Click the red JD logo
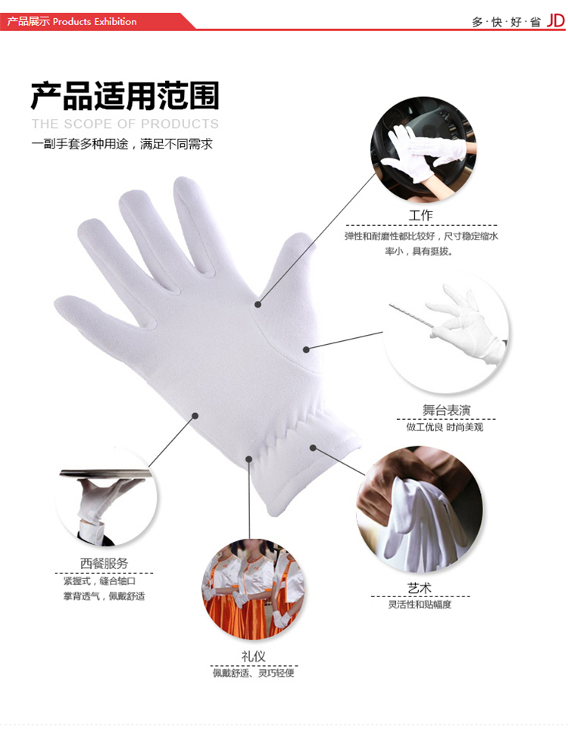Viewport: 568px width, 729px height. point(555,20)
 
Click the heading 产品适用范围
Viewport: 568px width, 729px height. point(125,95)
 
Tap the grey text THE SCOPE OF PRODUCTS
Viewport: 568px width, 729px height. point(125,124)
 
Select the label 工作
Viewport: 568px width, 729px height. point(420,215)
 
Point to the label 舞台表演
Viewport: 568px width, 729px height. point(446,410)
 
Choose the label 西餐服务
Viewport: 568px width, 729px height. point(104,564)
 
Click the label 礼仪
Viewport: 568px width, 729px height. point(253,656)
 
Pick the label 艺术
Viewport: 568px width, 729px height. point(420,588)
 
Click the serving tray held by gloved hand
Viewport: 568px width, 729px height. point(105,474)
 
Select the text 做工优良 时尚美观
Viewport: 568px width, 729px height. point(445,427)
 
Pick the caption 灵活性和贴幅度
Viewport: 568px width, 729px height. point(420,605)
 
